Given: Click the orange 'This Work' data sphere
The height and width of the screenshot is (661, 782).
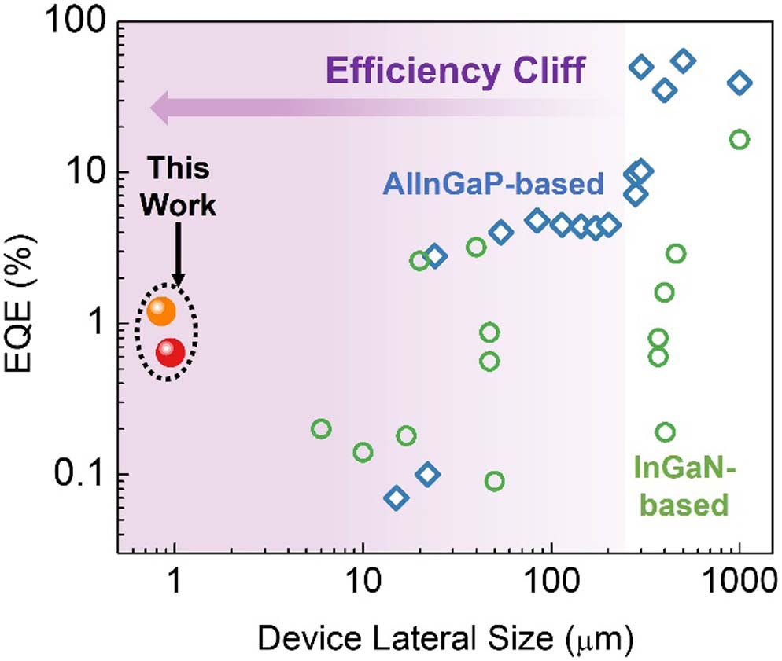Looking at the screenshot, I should (160, 311).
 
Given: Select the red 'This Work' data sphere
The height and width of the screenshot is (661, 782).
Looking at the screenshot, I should (170, 353).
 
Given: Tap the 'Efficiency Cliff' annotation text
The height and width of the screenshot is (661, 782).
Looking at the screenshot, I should (456, 72).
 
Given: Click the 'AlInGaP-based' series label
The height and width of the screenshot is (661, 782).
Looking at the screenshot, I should (493, 185).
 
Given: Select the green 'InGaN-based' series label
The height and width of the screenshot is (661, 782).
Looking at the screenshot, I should (682, 487).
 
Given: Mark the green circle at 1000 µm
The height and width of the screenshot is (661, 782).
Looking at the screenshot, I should (739, 139).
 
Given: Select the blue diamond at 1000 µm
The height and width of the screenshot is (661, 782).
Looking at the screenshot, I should (740, 82).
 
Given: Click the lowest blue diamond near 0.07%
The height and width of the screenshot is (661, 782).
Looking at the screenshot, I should (396, 497).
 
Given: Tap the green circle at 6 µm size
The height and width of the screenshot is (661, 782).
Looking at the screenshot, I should (320, 428).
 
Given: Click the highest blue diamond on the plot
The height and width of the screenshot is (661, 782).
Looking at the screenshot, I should (683, 61).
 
